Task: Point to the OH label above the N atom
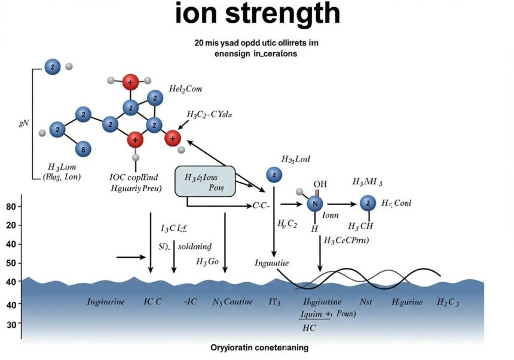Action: [x=320, y=184]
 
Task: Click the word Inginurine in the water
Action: [x=106, y=302]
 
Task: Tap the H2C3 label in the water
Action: [x=448, y=302]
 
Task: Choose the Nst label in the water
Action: [x=366, y=302]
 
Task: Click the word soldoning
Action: [x=197, y=246]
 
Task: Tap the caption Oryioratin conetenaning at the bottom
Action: [x=259, y=347]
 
